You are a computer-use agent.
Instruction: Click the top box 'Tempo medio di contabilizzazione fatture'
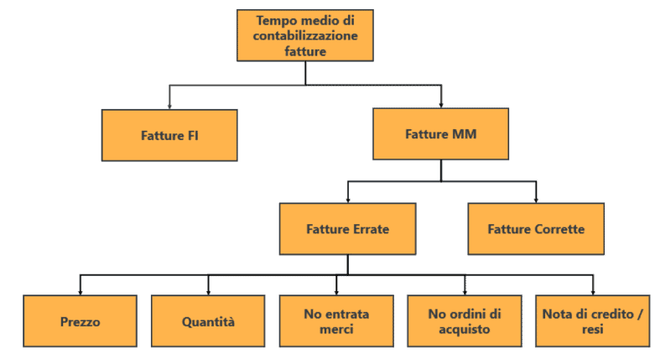click(x=305, y=35)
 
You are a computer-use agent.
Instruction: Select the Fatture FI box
click(x=169, y=134)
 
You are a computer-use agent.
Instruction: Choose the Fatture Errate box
click(x=347, y=228)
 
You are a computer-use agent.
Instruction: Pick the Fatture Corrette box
click(x=536, y=228)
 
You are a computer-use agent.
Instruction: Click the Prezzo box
click(x=80, y=321)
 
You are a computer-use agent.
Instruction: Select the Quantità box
click(x=208, y=321)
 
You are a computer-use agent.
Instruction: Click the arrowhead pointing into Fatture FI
click(x=169, y=104)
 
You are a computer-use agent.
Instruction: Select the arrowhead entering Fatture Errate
click(x=347, y=199)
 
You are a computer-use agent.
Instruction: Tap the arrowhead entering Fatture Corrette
click(x=536, y=199)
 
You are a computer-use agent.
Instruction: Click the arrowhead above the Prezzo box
click(x=80, y=292)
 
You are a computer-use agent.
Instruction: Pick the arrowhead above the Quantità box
click(x=208, y=292)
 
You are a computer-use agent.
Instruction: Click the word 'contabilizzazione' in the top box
click(x=305, y=35)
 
